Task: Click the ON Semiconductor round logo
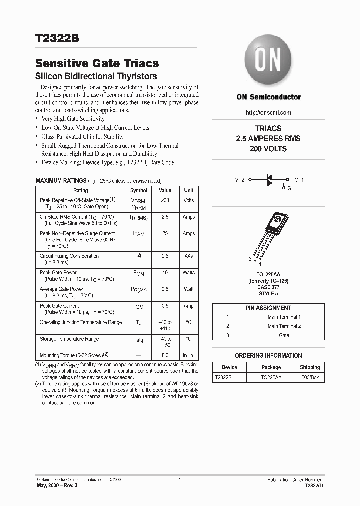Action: (268, 62)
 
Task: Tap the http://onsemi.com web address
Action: (268, 113)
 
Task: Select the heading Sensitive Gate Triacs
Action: (97, 63)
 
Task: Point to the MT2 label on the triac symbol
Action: (239, 179)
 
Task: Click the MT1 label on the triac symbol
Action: (299, 179)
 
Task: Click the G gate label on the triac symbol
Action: (289, 188)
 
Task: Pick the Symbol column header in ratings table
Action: (138, 190)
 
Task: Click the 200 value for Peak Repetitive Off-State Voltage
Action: (165, 200)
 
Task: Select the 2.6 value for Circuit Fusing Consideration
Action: (165, 256)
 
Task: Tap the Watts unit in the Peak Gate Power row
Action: (189, 272)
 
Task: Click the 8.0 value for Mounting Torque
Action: (165, 355)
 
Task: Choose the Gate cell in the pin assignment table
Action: (284, 335)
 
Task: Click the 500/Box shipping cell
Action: (310, 378)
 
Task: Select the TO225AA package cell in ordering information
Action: (271, 378)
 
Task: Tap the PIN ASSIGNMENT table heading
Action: (268, 308)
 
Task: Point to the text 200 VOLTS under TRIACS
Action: (268, 149)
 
